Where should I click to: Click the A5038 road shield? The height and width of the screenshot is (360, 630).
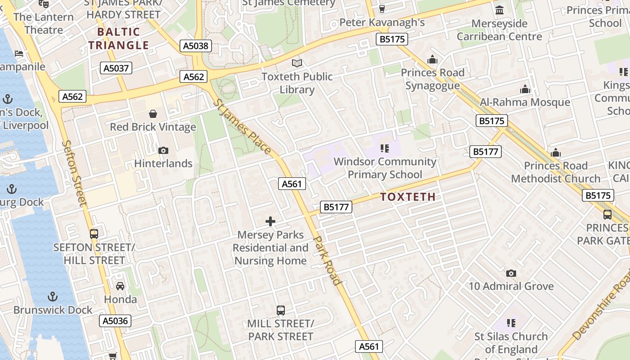click(x=196, y=45)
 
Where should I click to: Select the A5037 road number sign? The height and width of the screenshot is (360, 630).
click(x=116, y=68)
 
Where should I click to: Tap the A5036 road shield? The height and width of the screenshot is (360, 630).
click(x=115, y=321)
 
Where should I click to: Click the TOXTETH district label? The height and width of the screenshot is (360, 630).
click(x=408, y=197)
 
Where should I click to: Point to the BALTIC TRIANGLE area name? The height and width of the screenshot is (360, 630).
click(x=119, y=38)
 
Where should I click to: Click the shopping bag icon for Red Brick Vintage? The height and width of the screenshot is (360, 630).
click(x=153, y=114)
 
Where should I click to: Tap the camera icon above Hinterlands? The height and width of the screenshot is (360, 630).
click(x=163, y=150)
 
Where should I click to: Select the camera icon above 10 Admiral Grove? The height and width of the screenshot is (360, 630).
click(x=511, y=273)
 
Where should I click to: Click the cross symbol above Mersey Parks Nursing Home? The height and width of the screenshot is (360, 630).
click(x=270, y=221)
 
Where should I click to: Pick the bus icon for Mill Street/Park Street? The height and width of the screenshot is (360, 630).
click(x=281, y=310)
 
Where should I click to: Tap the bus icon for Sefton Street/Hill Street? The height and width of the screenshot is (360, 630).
click(x=94, y=234)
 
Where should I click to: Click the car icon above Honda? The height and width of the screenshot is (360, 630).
click(x=120, y=286)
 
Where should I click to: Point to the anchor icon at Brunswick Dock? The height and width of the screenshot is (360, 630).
click(x=53, y=297)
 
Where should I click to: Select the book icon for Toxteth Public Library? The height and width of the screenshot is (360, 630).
click(x=297, y=63)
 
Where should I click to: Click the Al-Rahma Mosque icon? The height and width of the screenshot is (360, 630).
click(x=525, y=89)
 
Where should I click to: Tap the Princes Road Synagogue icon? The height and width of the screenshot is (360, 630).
click(x=432, y=59)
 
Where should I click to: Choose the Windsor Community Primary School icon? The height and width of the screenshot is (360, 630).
click(x=385, y=148)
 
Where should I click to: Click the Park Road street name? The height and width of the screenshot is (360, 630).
click(x=328, y=261)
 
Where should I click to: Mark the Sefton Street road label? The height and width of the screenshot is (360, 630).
click(x=74, y=173)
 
